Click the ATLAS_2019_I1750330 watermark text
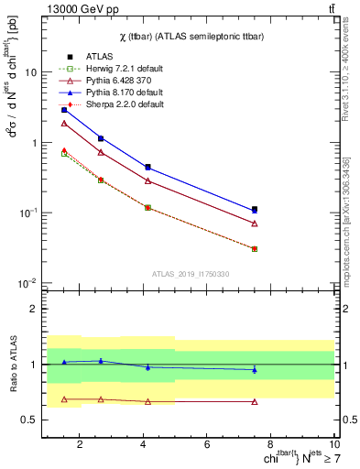click(190, 274)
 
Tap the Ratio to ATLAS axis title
click(14, 363)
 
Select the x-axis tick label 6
click(208, 445)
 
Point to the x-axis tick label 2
click(80, 445)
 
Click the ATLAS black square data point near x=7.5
click(255, 210)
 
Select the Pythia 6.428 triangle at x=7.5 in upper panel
click(255, 224)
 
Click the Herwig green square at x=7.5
click(255, 248)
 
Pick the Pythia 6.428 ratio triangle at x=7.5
click(255, 401)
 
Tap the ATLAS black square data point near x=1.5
click(63, 110)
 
